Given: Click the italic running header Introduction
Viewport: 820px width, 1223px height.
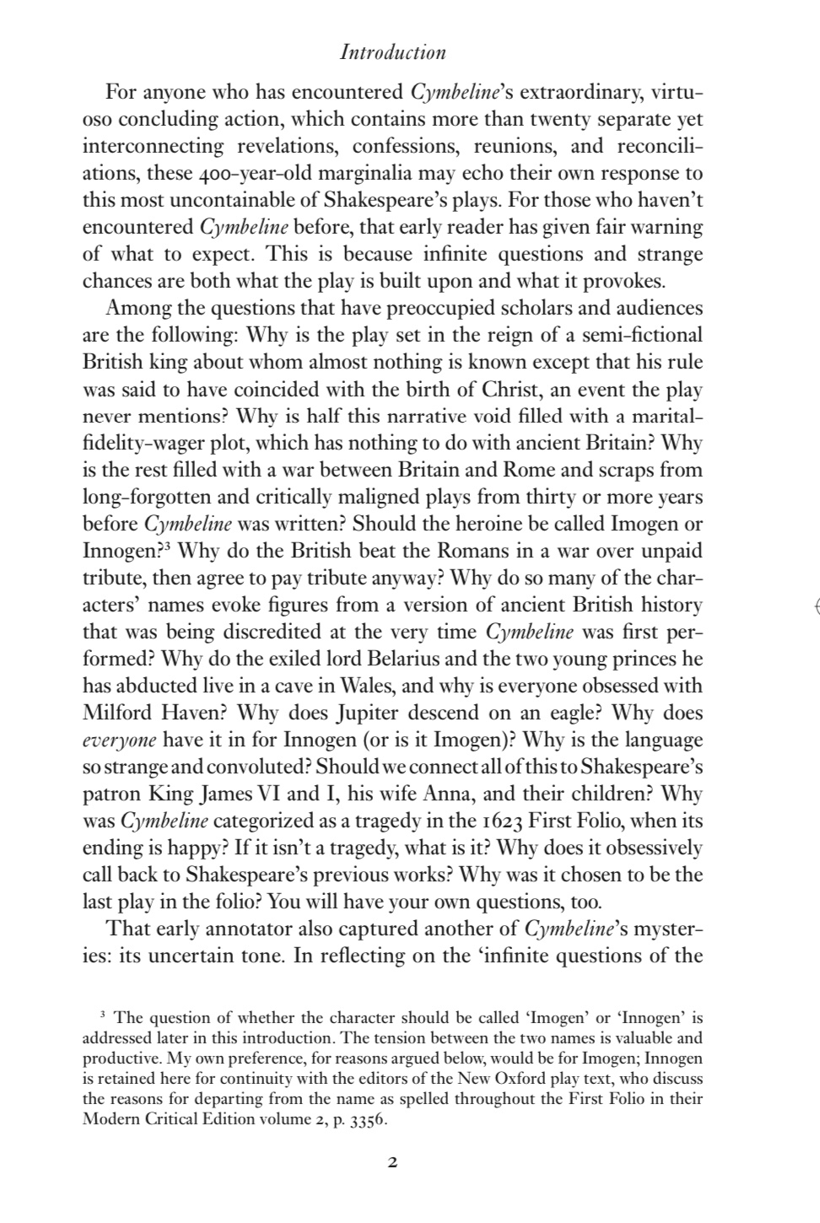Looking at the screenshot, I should click(x=392, y=52).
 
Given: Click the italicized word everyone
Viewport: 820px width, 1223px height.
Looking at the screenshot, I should click(x=119, y=741).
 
